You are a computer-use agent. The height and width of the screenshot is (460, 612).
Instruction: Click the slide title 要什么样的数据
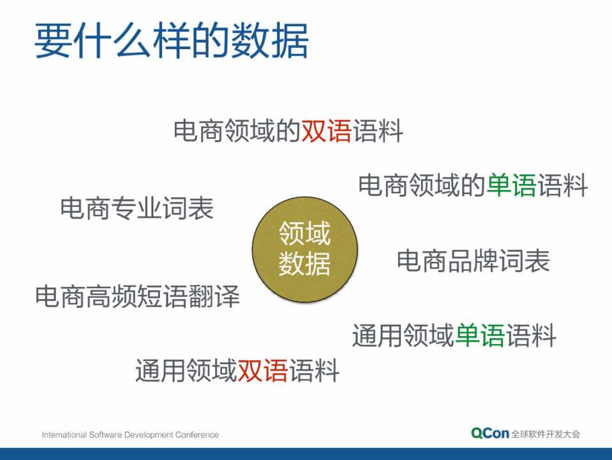[x=172, y=41]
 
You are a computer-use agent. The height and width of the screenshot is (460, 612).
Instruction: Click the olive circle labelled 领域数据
[x=305, y=249]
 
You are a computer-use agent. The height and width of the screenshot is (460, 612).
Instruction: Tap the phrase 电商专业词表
[x=137, y=208]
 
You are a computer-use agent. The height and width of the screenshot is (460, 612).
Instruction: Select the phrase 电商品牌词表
[x=474, y=261]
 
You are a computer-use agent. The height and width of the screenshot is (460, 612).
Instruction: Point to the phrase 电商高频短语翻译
[x=137, y=296]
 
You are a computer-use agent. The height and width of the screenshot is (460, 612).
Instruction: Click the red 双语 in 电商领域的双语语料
[x=327, y=131]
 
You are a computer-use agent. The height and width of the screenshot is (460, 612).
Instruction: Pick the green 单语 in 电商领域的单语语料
[x=512, y=185]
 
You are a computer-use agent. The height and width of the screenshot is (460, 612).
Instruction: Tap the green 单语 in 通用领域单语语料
[x=480, y=335]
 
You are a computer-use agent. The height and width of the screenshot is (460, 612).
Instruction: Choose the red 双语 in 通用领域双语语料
[x=263, y=371]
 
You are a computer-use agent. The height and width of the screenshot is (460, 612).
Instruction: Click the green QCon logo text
[x=490, y=433]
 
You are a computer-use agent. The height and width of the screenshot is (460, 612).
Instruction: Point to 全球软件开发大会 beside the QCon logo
[x=546, y=434]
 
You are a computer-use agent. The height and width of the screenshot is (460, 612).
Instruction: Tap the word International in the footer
[x=64, y=434]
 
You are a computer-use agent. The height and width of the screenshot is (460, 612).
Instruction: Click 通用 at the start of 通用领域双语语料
[x=161, y=371]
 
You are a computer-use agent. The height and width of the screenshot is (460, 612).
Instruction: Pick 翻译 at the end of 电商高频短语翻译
[x=214, y=296]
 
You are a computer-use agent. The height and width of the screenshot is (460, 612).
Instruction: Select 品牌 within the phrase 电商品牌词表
[x=474, y=261]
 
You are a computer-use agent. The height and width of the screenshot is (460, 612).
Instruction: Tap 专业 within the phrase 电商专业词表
[x=137, y=208]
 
